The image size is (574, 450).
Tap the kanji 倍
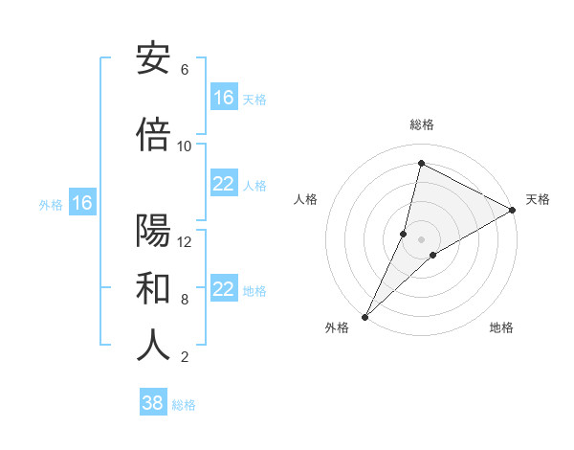coord(153,135)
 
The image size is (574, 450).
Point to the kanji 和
coord(153,288)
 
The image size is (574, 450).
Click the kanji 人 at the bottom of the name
coord(153,346)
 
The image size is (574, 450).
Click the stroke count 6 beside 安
coord(185,70)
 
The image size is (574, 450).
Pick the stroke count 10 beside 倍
coord(185,146)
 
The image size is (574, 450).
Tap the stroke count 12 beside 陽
coord(185,242)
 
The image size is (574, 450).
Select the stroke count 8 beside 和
coord(185,300)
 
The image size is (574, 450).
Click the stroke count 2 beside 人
coord(185,357)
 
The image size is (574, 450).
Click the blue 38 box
coord(153,403)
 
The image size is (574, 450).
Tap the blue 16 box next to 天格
coord(224,98)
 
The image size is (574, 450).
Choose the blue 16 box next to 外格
coord(81,203)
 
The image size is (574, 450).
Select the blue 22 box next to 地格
coord(224,289)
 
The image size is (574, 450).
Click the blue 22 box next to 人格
coord(224,184)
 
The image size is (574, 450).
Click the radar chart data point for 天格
coord(513,210)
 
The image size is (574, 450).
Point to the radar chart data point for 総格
coord(421,164)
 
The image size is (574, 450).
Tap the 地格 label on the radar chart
coord(501,328)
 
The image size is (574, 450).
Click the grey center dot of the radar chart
coord(421,239)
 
